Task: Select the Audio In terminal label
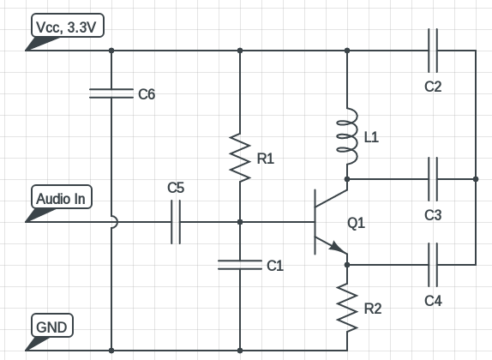60,200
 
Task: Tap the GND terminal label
53,327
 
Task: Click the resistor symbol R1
240,158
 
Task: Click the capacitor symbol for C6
111,94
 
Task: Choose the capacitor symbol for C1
240,265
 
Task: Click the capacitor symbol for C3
432,179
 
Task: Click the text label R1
266,159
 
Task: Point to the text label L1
372,136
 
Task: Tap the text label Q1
357,224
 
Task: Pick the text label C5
176,187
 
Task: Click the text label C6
147,95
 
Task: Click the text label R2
374,309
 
